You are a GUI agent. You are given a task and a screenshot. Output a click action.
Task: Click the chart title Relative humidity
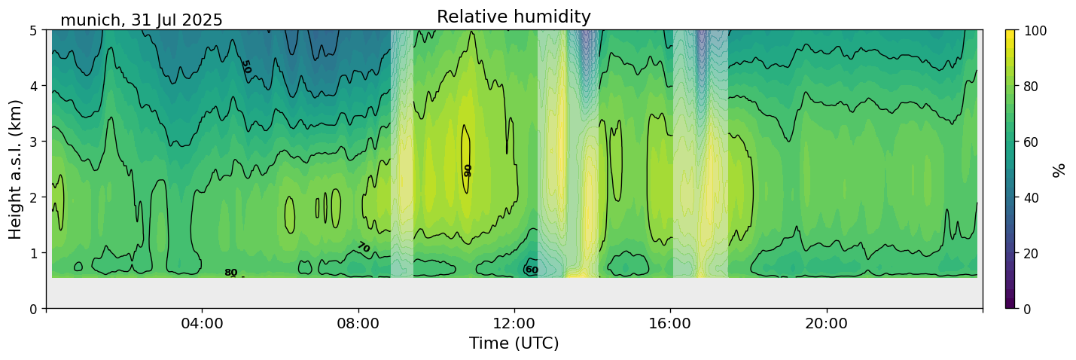[514, 17]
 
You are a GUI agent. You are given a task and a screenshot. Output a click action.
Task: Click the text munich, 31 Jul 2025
[142, 20]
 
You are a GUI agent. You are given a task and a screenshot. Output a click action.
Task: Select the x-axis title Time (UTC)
[514, 343]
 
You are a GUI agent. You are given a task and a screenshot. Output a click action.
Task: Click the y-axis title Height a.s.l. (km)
[16, 169]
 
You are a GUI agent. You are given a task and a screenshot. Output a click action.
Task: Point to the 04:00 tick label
[203, 324]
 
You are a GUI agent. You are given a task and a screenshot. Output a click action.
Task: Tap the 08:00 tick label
[358, 324]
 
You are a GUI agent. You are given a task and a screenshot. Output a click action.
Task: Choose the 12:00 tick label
[514, 324]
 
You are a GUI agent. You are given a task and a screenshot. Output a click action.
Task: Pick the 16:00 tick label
[670, 324]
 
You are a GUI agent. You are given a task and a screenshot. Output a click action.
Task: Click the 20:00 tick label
[826, 324]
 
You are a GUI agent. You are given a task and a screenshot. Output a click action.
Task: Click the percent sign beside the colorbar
[1059, 169]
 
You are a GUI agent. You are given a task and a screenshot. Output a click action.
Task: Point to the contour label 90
[468, 170]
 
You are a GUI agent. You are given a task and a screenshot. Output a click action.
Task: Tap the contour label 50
[245, 67]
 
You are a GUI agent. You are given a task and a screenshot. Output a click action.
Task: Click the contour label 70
[364, 247]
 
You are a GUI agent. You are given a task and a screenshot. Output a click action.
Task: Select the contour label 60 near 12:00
[532, 270]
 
